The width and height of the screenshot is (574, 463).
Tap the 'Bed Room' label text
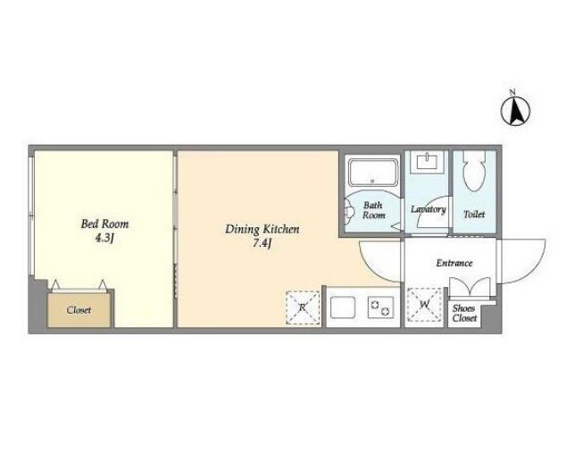pos(104,224)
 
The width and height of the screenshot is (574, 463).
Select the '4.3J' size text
pos(104,239)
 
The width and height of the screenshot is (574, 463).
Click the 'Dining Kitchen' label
pos(262,230)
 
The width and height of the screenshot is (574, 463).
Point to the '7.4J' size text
pos(262,243)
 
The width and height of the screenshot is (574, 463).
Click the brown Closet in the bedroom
pos(79,310)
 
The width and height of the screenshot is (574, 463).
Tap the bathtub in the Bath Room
pos(372,173)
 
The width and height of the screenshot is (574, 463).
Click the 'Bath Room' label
pos(373,210)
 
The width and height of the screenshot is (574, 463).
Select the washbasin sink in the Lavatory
pos(428,162)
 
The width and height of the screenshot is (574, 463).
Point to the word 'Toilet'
pos(474,215)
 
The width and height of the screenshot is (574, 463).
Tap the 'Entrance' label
pos(454,263)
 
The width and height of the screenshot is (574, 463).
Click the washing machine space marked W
pos(425,305)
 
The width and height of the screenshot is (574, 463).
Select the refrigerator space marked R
pos(303,308)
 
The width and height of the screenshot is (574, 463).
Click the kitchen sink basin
pos(343,307)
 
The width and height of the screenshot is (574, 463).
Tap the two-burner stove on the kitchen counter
pos(380,307)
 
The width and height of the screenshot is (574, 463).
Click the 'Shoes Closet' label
pos(464,314)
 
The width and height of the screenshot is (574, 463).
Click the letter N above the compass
pos(513,92)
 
